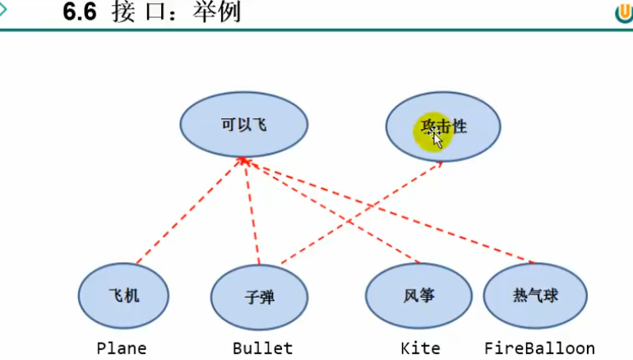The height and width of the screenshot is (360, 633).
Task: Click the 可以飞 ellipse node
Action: point(244,125)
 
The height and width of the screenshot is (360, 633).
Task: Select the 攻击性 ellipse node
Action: point(442,127)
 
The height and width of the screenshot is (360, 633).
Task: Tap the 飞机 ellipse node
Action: point(123,295)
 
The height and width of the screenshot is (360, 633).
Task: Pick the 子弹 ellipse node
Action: point(259,297)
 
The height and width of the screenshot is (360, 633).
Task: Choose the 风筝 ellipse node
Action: point(418,295)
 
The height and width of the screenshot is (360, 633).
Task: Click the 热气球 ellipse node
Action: point(535,295)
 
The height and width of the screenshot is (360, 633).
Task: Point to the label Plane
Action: point(122,348)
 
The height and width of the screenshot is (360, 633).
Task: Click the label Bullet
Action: point(262,348)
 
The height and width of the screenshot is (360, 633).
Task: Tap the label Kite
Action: point(420,348)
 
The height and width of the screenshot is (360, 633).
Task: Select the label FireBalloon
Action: point(538,348)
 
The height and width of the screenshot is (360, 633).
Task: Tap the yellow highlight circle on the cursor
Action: point(432,134)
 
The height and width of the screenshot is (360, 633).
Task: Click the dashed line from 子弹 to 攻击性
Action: point(362,213)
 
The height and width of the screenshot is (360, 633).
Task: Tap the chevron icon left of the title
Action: point(4,10)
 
